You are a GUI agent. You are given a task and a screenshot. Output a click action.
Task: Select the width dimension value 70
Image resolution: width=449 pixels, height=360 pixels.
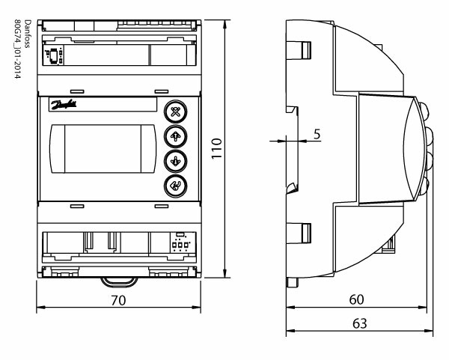click(119, 299)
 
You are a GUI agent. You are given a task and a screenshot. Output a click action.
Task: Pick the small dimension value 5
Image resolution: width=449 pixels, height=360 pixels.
click(317, 134)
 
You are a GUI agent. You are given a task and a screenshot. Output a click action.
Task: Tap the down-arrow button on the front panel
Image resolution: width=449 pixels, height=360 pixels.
click(177, 161)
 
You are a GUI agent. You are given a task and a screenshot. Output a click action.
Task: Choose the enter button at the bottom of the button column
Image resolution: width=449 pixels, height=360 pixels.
click(177, 186)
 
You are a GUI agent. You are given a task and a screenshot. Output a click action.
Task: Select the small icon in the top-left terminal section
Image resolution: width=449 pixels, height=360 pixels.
click(54, 54)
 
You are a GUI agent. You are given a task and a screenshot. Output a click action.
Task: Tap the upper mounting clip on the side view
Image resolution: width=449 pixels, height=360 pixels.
click(301, 49)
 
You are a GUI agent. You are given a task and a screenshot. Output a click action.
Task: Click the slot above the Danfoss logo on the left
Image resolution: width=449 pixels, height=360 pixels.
click(76, 97)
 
